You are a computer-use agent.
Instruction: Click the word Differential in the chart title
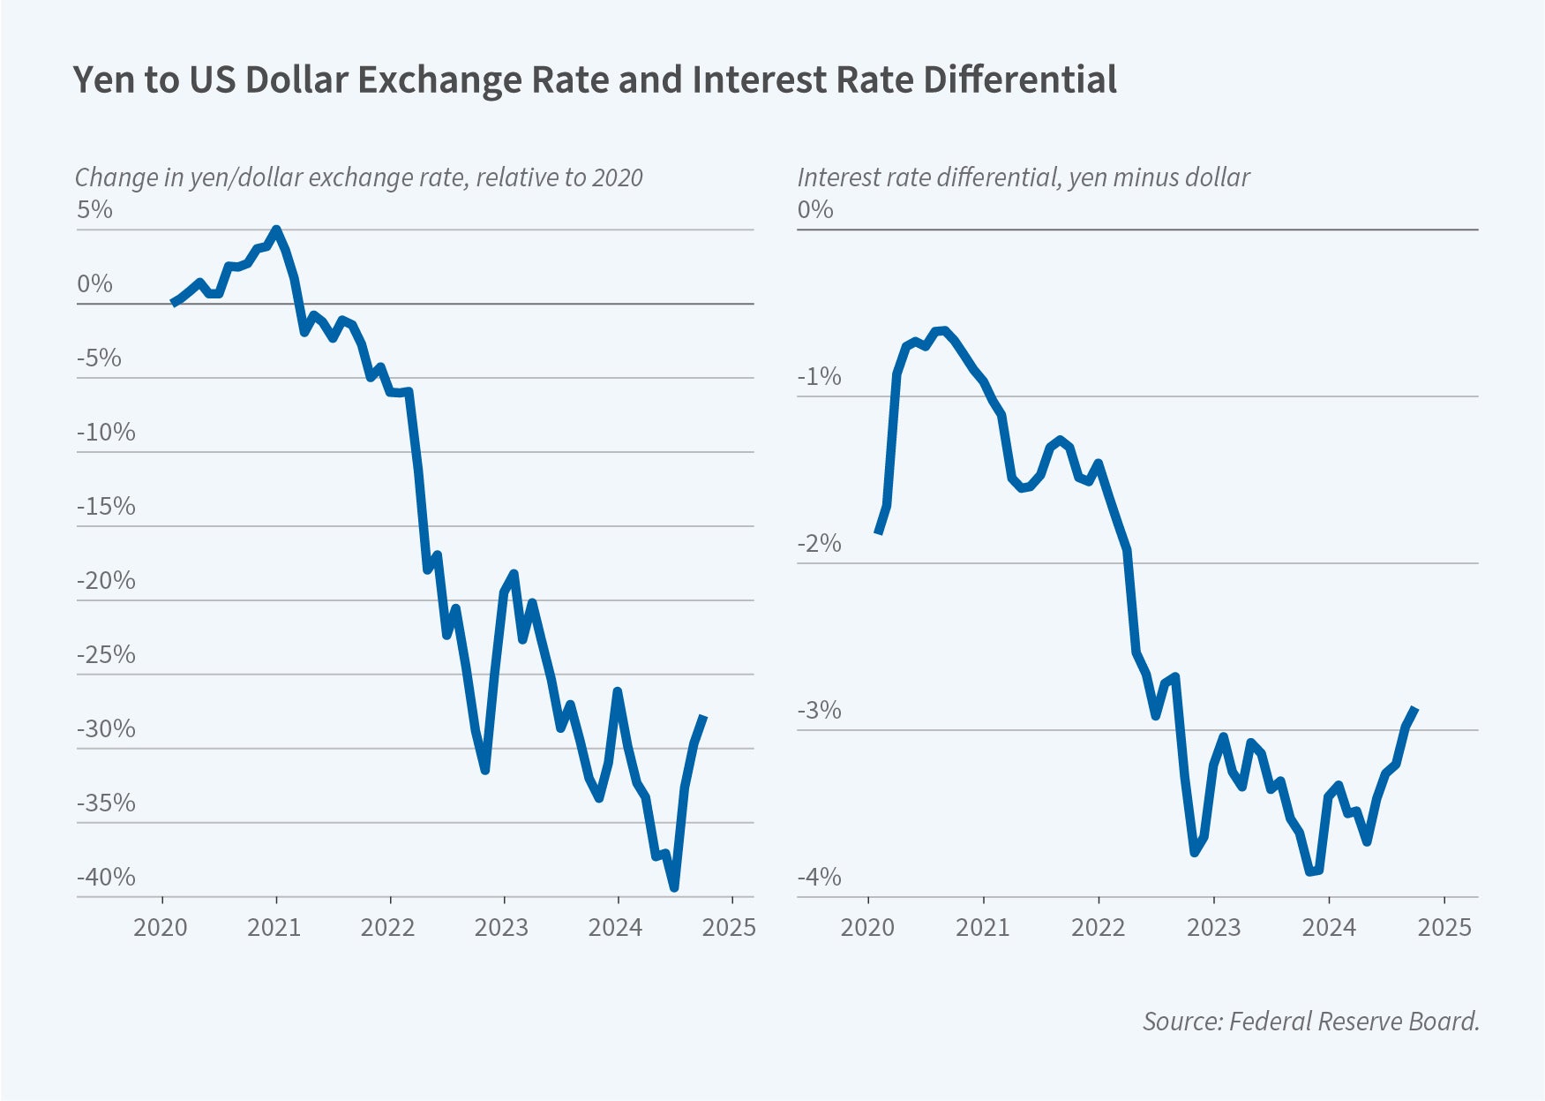(x=1020, y=79)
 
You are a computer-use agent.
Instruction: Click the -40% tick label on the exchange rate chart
(x=107, y=877)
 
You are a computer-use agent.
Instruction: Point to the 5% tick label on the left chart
(x=95, y=210)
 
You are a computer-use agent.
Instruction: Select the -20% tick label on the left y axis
(x=107, y=580)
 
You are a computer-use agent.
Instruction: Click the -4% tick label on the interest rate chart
(x=819, y=877)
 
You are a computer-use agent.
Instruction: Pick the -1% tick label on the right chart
(x=819, y=377)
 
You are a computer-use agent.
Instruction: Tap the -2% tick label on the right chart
(x=819, y=543)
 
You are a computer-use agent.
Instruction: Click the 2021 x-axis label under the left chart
(x=274, y=927)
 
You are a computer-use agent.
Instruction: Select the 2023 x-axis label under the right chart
(x=1213, y=927)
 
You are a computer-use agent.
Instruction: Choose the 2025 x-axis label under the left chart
(x=729, y=927)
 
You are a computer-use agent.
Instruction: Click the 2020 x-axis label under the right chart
(x=867, y=927)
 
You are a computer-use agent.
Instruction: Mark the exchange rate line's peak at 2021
(x=276, y=230)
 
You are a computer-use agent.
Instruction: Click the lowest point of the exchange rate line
(x=674, y=887)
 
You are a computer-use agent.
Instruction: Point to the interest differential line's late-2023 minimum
(x=1310, y=871)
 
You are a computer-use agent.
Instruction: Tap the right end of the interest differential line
(x=1415, y=708)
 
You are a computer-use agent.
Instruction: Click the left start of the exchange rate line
(x=173, y=303)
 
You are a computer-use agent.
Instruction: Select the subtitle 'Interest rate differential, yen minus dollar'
(x=1024, y=177)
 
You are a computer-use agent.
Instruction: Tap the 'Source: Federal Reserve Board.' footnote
(x=1310, y=1022)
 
